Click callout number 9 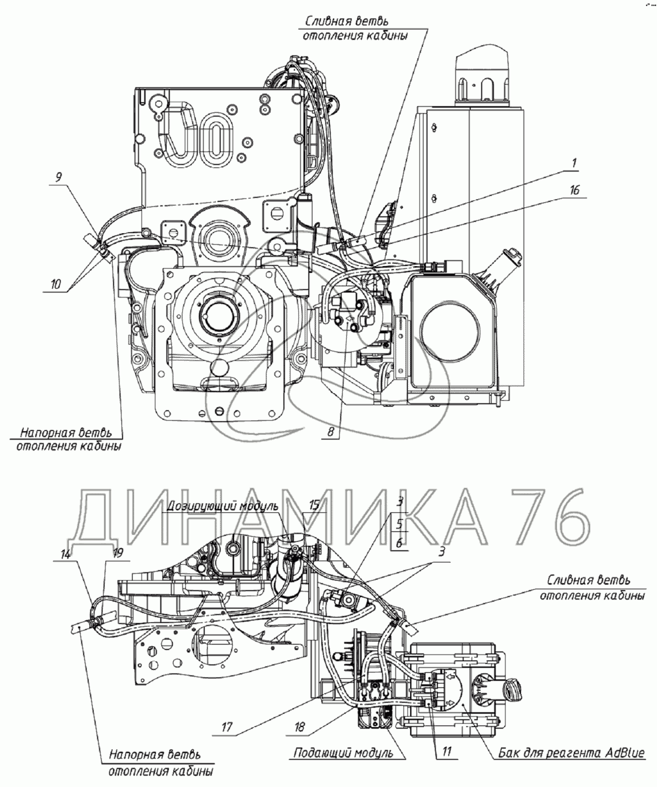click(58, 177)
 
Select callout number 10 click(56, 284)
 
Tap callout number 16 click(574, 190)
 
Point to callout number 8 click(330, 432)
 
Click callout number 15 click(314, 504)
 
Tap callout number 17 click(227, 727)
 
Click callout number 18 click(299, 727)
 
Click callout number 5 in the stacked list click(399, 523)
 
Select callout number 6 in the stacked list click(399, 543)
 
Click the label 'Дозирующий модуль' click(223, 506)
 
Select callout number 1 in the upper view click(574, 163)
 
